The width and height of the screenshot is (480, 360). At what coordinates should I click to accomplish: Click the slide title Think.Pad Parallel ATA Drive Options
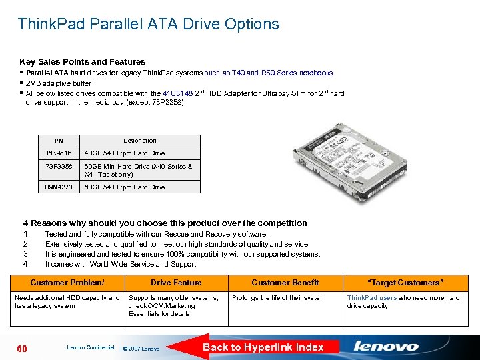(148, 25)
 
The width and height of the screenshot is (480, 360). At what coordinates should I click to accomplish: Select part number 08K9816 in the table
(59, 153)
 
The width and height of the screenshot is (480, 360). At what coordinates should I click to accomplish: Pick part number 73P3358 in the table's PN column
(59, 167)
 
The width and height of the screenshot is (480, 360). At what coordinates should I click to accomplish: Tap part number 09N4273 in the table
(59, 187)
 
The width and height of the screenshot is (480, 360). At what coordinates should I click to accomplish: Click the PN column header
(59, 141)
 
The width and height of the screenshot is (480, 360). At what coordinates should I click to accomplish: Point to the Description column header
(140, 141)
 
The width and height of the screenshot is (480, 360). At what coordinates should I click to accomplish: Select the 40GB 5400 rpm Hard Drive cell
(125, 153)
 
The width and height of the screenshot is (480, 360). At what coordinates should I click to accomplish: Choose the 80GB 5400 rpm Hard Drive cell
(125, 187)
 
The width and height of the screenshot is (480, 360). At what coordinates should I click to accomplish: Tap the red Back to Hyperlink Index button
(263, 347)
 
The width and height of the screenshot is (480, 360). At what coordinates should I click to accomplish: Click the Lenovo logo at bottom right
(386, 347)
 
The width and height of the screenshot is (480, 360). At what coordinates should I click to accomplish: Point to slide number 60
(21, 349)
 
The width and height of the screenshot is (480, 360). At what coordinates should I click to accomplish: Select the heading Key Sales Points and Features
(82, 61)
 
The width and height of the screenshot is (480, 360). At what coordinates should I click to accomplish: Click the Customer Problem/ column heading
(67, 283)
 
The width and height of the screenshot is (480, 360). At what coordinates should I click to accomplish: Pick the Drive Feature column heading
(176, 283)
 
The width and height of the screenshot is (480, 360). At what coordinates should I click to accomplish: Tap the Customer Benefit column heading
(285, 283)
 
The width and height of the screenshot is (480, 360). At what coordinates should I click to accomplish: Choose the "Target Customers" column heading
(403, 283)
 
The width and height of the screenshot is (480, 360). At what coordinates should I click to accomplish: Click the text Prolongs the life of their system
(279, 298)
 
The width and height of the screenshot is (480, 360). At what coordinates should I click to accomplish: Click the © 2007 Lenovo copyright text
(141, 349)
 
